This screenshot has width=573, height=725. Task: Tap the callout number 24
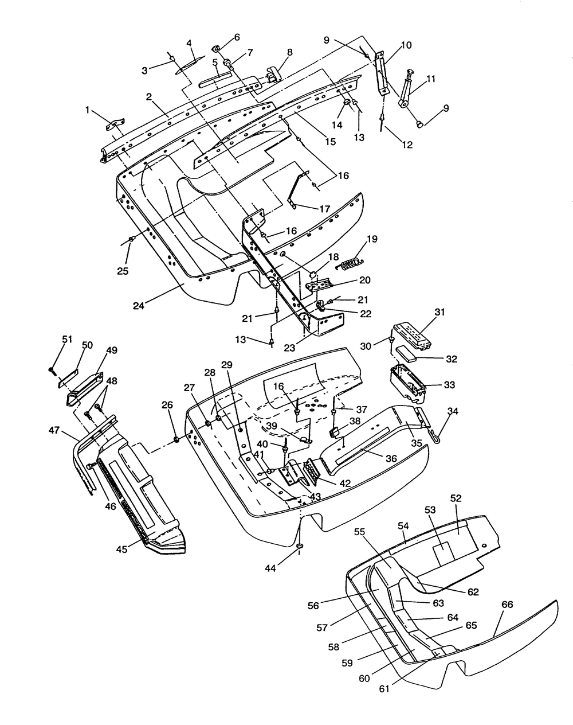click(x=138, y=305)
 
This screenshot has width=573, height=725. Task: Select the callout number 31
click(x=439, y=313)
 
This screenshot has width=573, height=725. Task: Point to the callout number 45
click(x=122, y=549)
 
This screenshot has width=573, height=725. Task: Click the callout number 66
click(x=507, y=605)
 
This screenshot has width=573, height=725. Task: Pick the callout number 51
click(x=67, y=339)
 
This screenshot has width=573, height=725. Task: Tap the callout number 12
click(x=407, y=145)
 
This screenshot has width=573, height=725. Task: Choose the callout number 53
click(x=430, y=509)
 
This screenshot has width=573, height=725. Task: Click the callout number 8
click(x=290, y=52)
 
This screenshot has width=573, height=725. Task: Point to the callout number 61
click(x=383, y=688)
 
